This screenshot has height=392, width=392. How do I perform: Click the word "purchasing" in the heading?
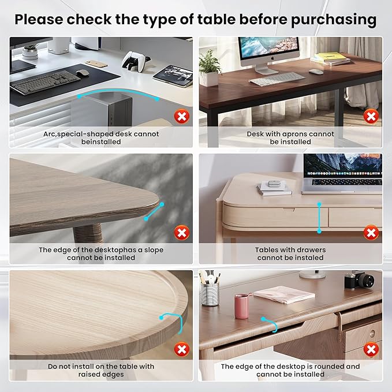point(333,19)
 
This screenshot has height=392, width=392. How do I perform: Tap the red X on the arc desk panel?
point(182,117)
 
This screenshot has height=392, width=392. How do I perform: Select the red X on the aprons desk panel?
point(371,117)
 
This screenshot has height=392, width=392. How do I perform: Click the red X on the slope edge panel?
point(182,233)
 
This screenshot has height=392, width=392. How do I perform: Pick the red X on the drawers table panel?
point(371,233)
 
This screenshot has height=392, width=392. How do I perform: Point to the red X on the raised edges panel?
point(182,349)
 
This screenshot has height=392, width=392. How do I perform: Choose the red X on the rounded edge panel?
point(371,349)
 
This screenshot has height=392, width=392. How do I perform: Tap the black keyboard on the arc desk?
point(44,81)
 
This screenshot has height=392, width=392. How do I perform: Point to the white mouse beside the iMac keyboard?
point(316,72)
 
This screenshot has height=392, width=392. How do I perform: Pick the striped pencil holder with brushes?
point(210,290)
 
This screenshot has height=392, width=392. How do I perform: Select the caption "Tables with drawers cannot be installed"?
point(290,253)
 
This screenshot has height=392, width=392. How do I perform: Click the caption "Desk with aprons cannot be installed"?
point(290,137)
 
